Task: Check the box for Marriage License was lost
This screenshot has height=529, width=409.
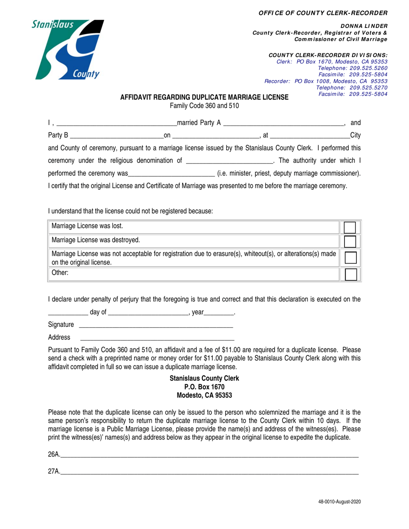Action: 350,227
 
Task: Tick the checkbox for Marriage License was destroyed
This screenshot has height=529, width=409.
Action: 350,241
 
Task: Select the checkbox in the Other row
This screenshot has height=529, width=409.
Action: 350,274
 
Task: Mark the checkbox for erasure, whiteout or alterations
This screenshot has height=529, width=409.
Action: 350,258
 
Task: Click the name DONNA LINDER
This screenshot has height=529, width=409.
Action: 364,26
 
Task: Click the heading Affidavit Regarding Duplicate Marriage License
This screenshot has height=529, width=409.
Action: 204,98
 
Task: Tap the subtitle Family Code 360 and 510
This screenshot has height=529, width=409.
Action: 204,105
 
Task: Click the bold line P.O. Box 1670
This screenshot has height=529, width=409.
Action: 204,387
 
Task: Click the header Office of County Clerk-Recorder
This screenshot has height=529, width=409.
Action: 323,13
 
